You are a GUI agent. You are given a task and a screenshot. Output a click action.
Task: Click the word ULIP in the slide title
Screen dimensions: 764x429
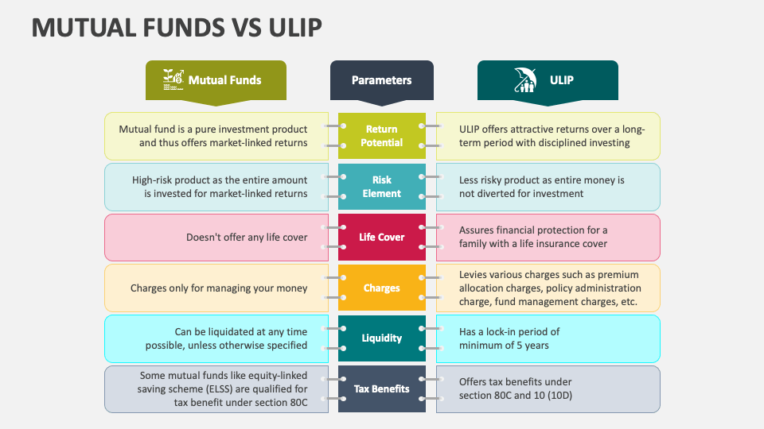295,27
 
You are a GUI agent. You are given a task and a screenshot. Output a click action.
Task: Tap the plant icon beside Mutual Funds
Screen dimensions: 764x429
173,79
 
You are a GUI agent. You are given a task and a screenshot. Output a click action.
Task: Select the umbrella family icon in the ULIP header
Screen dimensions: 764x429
525,79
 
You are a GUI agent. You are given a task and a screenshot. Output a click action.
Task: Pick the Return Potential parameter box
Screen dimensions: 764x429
381,136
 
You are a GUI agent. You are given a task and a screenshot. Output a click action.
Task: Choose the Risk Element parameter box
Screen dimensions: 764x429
381,186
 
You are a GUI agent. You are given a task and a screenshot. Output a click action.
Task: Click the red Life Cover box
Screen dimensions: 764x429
381,237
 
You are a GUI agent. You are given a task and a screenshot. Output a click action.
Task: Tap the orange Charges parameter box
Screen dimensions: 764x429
381,288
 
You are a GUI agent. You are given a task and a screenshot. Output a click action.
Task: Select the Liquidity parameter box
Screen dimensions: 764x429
381,338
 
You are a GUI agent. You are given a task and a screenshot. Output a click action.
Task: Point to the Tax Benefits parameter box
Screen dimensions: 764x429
381,388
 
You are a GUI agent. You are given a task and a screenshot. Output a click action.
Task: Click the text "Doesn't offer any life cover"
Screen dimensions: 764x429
247,238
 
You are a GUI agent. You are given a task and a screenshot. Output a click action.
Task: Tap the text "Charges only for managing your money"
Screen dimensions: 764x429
219,288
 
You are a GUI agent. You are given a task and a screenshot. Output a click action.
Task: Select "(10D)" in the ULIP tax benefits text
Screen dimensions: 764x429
559,396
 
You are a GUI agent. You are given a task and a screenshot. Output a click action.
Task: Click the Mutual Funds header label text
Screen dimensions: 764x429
224,79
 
